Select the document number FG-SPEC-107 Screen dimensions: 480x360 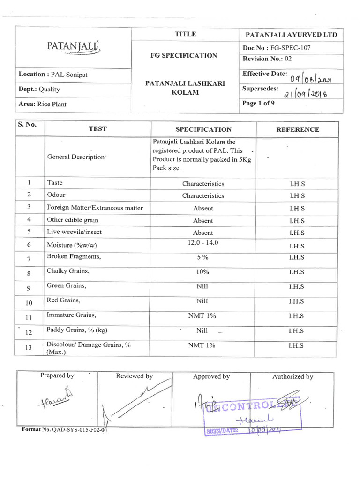coord(277,48)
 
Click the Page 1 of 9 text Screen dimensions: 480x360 coord(255,104)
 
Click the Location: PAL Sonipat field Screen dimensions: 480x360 coord(46,75)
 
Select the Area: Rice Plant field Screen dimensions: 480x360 coord(42,104)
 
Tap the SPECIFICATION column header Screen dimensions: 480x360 coord(203,129)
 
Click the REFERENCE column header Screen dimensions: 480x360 coord(298,129)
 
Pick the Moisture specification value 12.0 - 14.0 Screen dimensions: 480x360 coord(203,242)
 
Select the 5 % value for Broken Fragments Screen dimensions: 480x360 coord(203,257)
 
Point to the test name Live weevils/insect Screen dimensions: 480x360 coord(74,232)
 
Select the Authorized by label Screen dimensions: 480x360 coord(292,376)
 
